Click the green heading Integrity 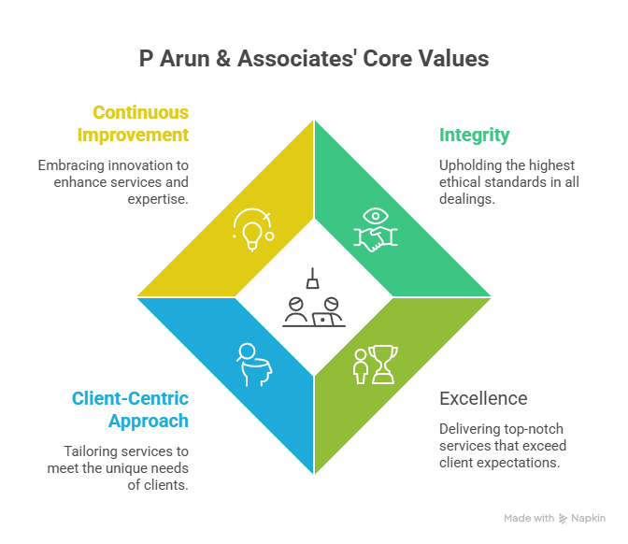(x=475, y=136)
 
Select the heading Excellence (x=483, y=398)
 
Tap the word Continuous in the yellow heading (x=140, y=113)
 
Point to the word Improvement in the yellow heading (x=133, y=136)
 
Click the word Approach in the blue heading (x=149, y=421)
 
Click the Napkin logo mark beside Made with (x=563, y=518)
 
